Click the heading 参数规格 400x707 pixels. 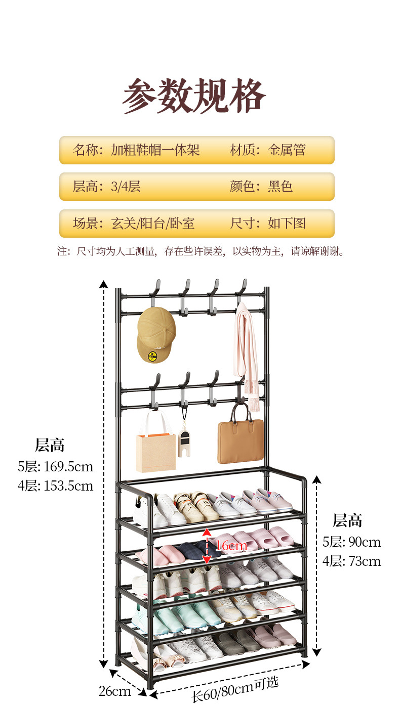tap(194, 95)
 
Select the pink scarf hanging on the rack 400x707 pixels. tap(246, 354)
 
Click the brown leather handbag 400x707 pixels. tap(241, 440)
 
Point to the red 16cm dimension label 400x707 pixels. tap(231, 546)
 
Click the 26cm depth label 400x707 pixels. tap(115, 691)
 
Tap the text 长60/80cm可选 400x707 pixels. tap(235, 688)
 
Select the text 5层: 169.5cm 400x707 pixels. tap(56, 466)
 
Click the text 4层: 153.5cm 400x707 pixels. tap(56, 486)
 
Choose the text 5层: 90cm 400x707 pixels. tap(351, 542)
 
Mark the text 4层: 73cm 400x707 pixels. tap(351, 561)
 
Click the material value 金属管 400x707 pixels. tap(287, 150)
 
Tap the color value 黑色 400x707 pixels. tap(281, 187)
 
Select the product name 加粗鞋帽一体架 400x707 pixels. tap(155, 150)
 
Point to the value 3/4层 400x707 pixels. tap(126, 187)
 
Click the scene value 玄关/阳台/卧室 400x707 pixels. tap(153, 224)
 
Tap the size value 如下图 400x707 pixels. tap(287, 224)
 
